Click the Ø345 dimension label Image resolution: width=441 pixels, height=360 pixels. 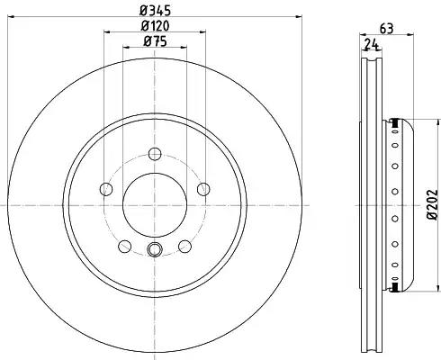[x=155, y=11]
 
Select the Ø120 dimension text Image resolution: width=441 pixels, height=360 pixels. [x=155, y=26]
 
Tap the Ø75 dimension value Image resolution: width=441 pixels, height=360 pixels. [x=155, y=41]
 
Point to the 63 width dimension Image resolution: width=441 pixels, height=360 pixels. [x=386, y=29]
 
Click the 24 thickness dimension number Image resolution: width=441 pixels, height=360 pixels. [x=372, y=44]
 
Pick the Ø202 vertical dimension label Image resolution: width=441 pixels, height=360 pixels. [x=432, y=204]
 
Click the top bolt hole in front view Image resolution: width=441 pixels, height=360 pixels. [x=155, y=154]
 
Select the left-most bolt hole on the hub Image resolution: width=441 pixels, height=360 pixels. [x=106, y=189]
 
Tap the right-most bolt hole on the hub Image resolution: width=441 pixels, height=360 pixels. [x=203, y=189]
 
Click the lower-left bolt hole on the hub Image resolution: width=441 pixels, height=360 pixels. [x=125, y=247]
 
